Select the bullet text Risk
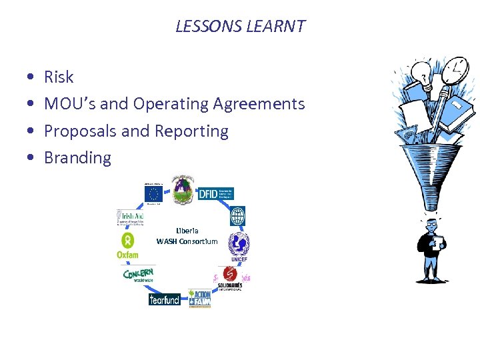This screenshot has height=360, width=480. tap(59, 77)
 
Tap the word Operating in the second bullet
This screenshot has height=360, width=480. tap(171, 104)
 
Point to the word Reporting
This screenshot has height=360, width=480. tap(191, 131)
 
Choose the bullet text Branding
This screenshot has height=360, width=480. tap(77, 158)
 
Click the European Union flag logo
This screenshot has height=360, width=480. tap(154, 193)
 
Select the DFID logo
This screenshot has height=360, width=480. tap(215, 193)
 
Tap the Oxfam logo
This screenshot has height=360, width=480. tap(127, 245)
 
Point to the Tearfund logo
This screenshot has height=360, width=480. tap(164, 299)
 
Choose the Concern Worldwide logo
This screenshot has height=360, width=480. tap(139, 275)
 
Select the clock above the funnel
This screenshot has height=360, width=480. tap(455, 67)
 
